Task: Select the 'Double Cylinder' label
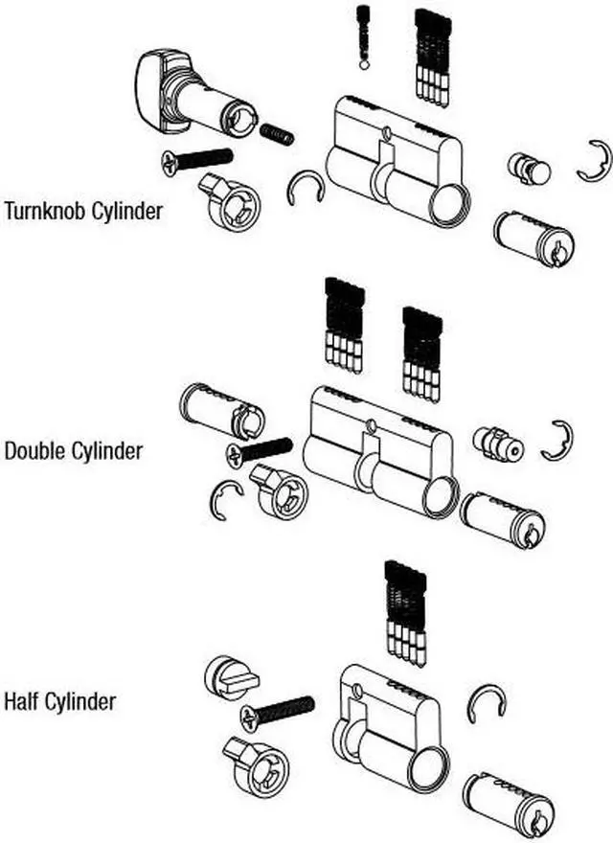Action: click(74, 449)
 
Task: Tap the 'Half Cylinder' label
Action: click(59, 701)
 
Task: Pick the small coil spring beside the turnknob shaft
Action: click(277, 133)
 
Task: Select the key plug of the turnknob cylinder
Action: click(534, 238)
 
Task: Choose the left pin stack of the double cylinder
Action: click(343, 323)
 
